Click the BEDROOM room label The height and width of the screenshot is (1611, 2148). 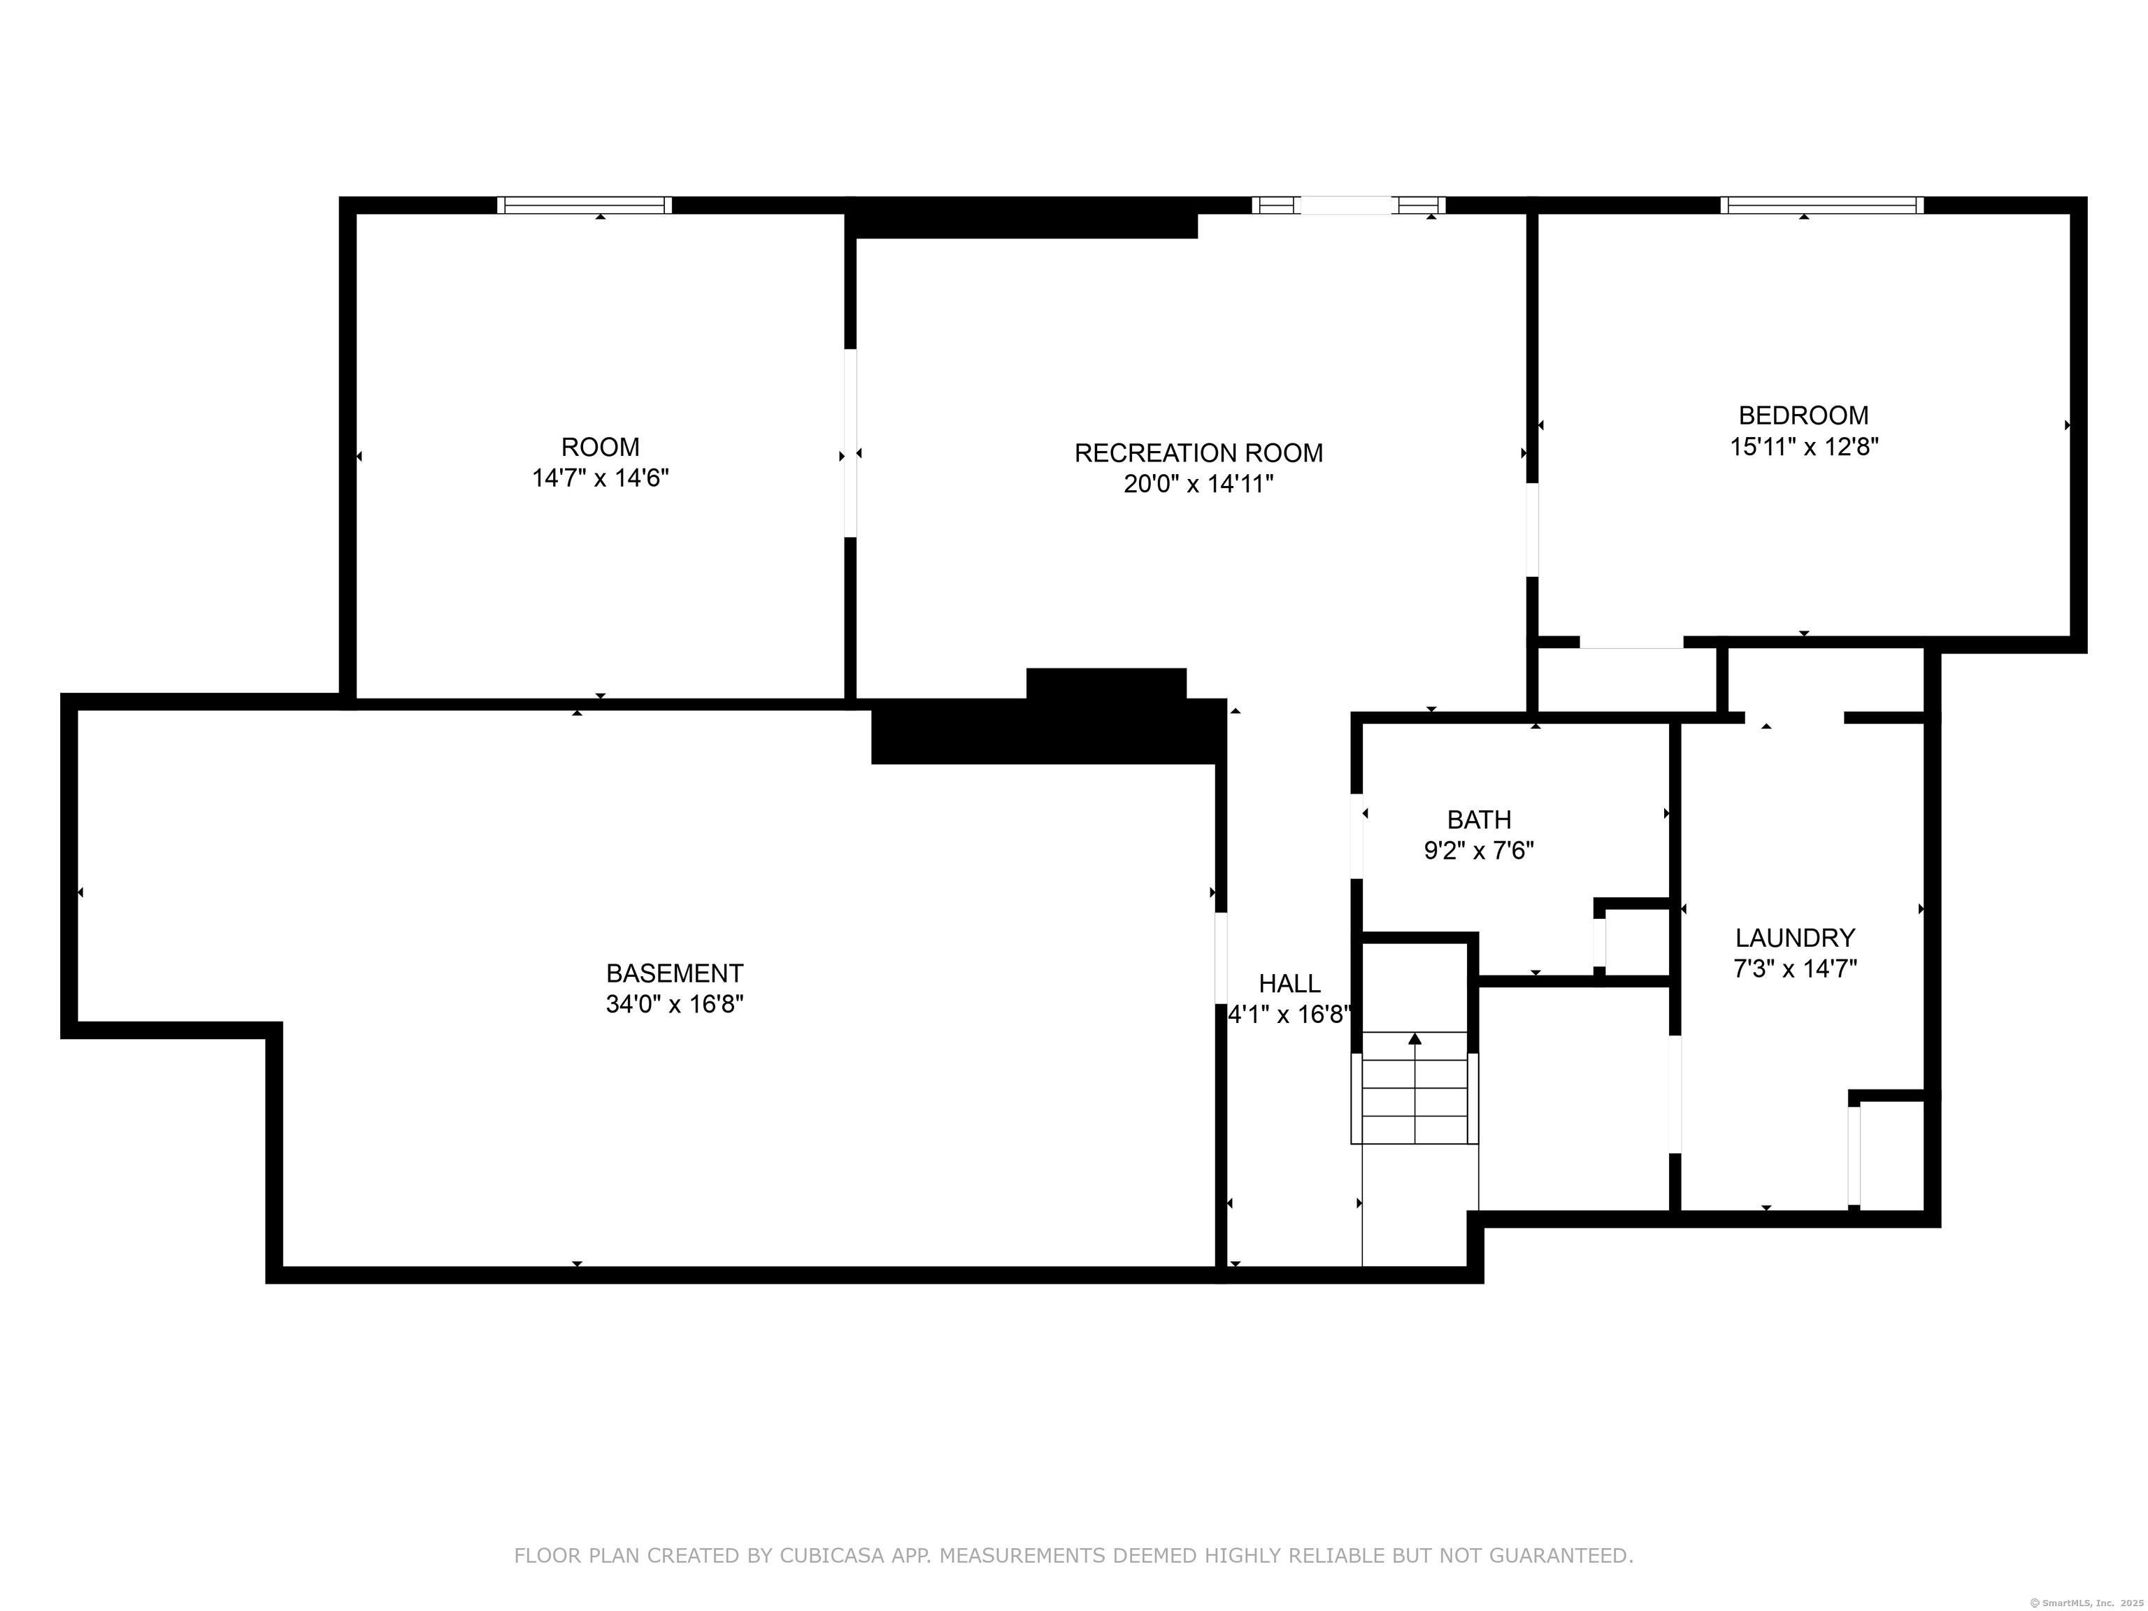1803,415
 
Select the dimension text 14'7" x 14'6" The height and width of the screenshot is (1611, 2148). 600,478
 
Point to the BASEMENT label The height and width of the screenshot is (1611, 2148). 675,973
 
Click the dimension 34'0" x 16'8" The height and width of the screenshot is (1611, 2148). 675,1004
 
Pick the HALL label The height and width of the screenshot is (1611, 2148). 1289,984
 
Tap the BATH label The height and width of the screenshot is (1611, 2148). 1479,819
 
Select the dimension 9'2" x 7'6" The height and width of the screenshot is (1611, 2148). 1479,851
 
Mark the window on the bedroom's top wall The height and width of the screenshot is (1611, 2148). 1821,205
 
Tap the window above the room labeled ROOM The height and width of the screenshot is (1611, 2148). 585,205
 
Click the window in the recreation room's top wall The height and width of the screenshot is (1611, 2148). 1348,205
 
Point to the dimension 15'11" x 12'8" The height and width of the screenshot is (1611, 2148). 1804,447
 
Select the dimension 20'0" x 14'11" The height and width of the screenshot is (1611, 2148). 1198,484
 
